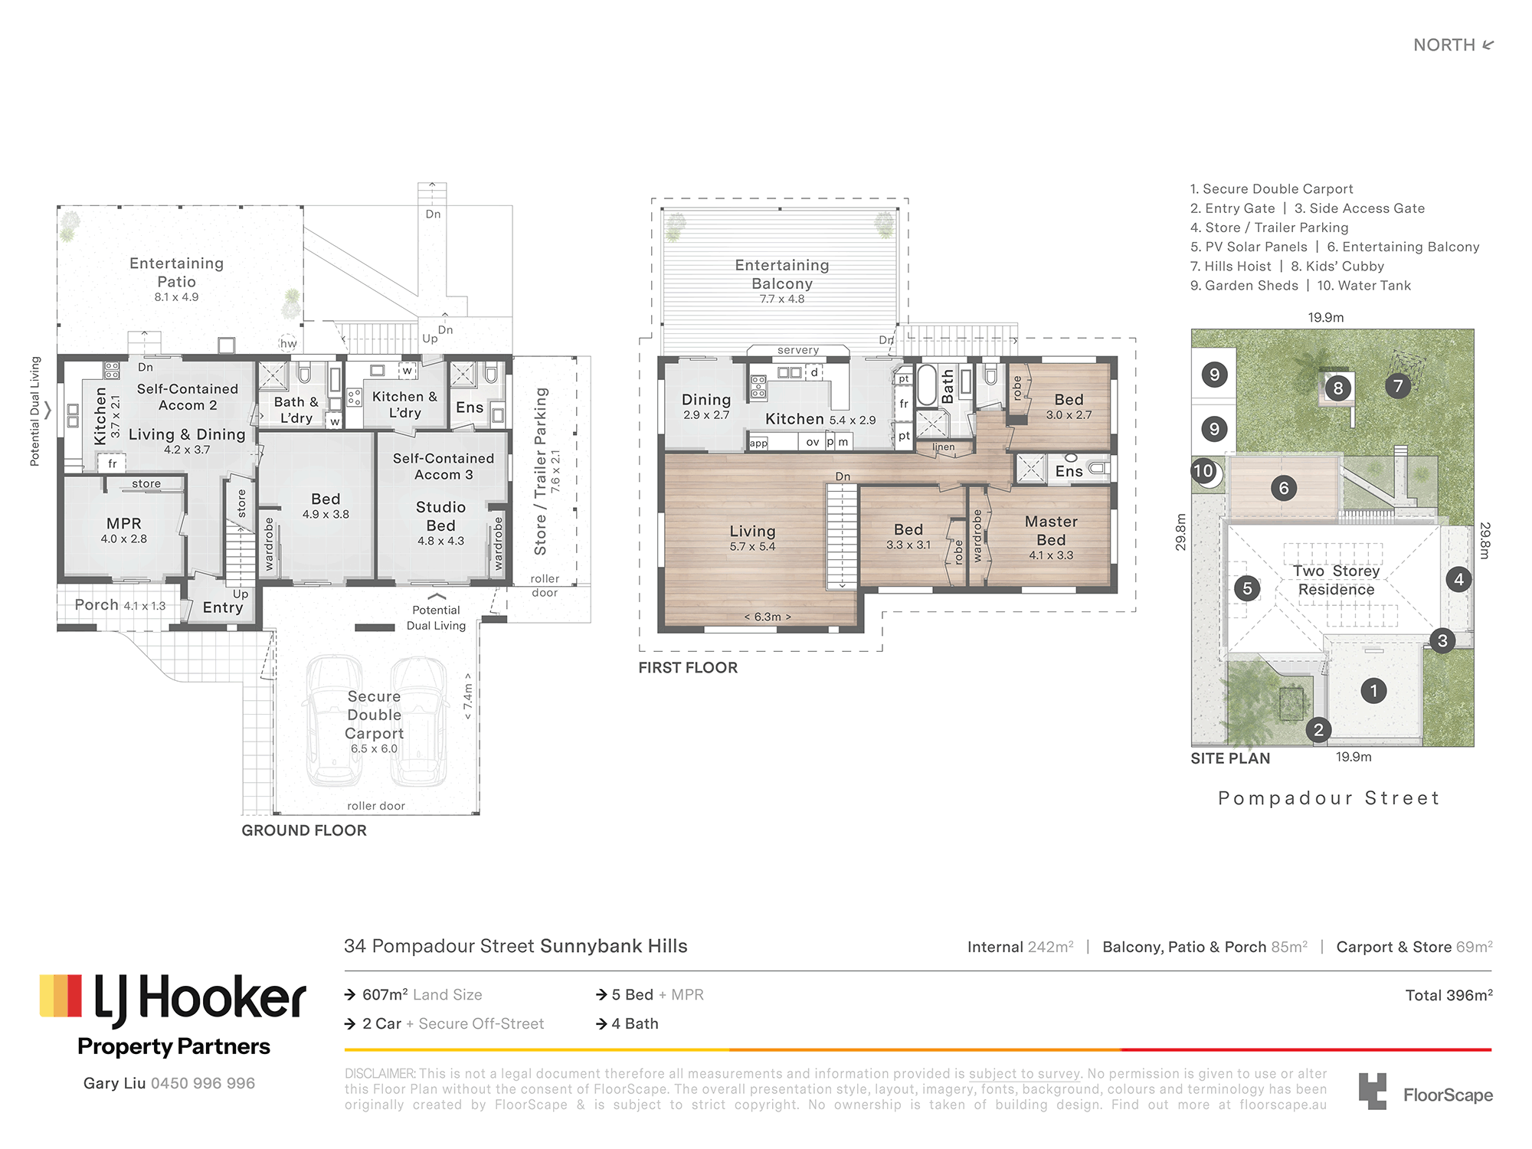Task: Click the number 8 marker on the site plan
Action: coord(1338,388)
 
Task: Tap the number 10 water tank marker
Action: coord(1203,471)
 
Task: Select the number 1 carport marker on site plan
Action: coord(1373,691)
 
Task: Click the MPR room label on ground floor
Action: coord(123,523)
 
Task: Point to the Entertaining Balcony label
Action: coord(782,274)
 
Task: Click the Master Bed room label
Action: coord(1051,530)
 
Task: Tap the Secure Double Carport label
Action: coord(374,715)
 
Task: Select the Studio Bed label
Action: coord(440,516)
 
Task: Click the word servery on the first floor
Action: coord(798,350)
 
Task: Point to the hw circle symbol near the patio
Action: coord(288,343)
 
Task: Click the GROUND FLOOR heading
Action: coord(304,830)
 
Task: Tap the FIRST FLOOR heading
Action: coord(688,668)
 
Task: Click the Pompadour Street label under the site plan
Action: coord(1328,798)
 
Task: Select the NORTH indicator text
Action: coord(1444,45)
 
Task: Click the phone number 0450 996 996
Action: coord(203,1083)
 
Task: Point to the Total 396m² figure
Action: coord(1449,995)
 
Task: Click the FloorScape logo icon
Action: coord(1373,1091)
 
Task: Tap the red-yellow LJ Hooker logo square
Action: coord(61,996)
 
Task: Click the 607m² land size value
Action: coord(385,994)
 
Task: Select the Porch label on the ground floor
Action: coord(97,605)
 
